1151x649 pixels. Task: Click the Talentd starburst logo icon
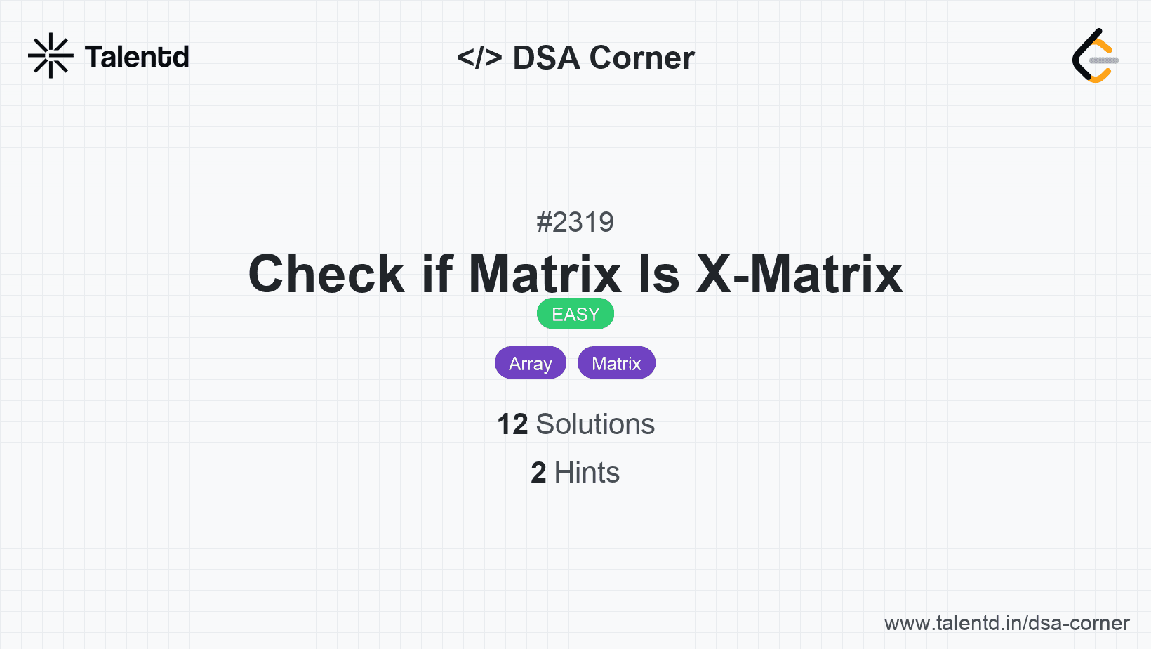tap(51, 55)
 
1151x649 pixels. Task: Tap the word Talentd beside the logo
tap(137, 57)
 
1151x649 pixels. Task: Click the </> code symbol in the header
tap(479, 57)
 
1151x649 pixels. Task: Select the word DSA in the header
tap(546, 58)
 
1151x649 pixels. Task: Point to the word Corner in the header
tap(641, 58)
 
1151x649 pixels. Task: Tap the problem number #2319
tap(575, 222)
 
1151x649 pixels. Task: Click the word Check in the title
tap(326, 274)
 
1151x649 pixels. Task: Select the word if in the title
tap(437, 274)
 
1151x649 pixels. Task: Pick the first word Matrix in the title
tap(545, 274)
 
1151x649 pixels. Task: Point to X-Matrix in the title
tap(799, 274)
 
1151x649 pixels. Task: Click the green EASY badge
tap(575, 314)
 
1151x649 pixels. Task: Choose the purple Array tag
tap(531, 363)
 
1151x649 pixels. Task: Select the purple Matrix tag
tap(616, 363)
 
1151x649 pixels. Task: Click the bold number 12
tap(512, 424)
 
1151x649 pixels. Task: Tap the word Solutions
tap(595, 424)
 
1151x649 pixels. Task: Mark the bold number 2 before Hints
tap(538, 473)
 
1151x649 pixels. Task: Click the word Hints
tap(587, 473)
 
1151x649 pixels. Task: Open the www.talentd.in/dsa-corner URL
tap(1006, 623)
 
